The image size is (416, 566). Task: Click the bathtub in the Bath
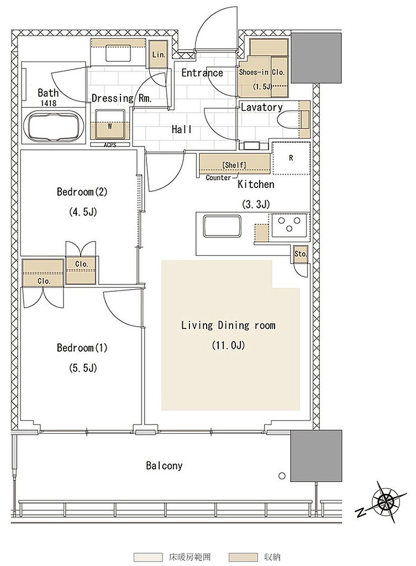click(x=54, y=127)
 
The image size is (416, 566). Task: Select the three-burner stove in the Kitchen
click(x=290, y=225)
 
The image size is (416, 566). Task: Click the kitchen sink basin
click(x=222, y=226)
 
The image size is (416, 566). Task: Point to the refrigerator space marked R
click(x=291, y=158)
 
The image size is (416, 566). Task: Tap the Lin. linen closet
click(x=158, y=54)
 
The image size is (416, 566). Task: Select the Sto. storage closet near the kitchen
click(x=300, y=254)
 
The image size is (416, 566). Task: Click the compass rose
click(x=386, y=501)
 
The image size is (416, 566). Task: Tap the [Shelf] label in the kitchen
click(x=234, y=165)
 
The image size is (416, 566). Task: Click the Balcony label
click(x=164, y=465)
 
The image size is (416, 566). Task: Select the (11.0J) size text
click(x=228, y=345)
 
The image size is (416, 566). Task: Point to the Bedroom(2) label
click(x=82, y=191)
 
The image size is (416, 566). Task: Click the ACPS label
click(x=110, y=145)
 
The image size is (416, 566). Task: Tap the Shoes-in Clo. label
click(x=262, y=72)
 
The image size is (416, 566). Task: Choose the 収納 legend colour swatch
click(x=243, y=557)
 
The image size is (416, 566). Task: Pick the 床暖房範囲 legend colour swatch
click(x=148, y=557)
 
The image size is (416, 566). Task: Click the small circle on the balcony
click(x=282, y=476)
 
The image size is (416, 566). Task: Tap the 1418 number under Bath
click(x=49, y=103)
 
